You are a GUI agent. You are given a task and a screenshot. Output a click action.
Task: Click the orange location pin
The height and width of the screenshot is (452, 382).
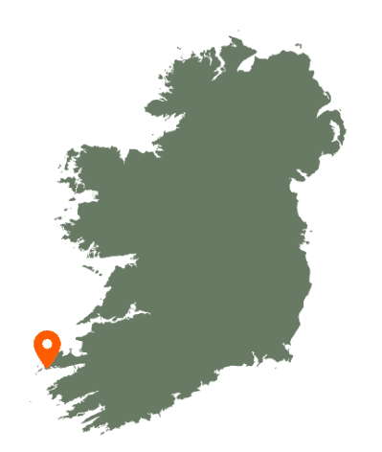point(47,347)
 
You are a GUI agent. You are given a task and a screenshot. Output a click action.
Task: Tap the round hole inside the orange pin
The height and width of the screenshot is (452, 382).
point(47,343)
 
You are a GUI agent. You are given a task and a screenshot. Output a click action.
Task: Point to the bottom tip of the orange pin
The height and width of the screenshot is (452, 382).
point(47,368)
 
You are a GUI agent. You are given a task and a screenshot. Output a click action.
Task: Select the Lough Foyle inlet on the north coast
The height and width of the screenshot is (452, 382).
point(250,61)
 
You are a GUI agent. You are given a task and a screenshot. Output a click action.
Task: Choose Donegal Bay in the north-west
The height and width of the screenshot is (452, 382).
point(144,124)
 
